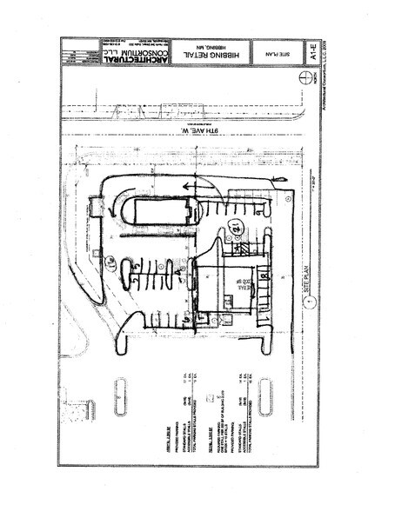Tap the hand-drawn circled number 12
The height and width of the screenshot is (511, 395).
[236, 228]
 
